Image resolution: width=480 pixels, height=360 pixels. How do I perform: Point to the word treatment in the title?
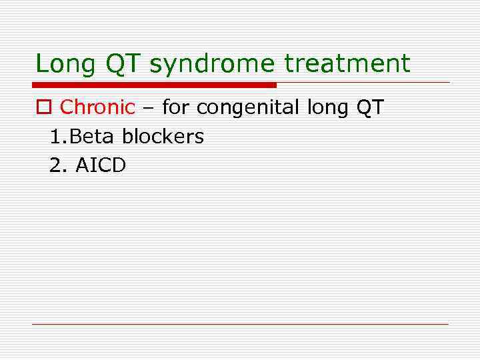[347, 64]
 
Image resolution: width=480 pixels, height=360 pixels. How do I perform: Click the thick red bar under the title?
[154, 85]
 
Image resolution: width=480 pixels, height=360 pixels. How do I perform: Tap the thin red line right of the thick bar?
[363, 83]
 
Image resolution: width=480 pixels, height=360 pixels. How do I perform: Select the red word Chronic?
[97, 107]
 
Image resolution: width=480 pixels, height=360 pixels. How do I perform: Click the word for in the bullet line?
[176, 107]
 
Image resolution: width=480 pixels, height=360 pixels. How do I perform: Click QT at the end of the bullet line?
[371, 107]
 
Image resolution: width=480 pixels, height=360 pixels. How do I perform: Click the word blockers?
[163, 137]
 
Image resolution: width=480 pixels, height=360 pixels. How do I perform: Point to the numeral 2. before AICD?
[59, 165]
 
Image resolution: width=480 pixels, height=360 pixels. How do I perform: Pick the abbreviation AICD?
[100, 165]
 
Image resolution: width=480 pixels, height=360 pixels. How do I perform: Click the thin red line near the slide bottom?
[240, 324]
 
